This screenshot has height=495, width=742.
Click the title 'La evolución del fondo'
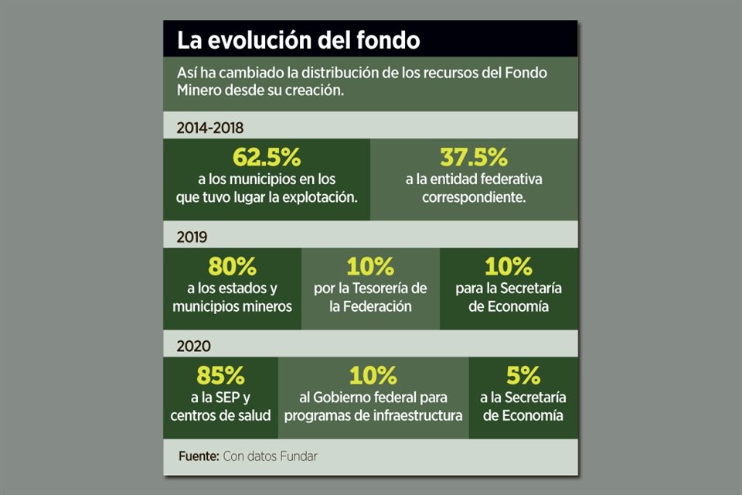[x=298, y=39]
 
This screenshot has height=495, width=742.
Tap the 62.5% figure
[x=266, y=158]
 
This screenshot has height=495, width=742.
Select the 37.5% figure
[x=474, y=158]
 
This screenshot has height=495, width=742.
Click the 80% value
[x=232, y=267]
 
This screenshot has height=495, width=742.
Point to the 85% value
[x=221, y=377]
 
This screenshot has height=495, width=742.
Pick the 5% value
[x=523, y=377]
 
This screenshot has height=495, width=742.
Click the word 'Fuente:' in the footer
[x=198, y=456]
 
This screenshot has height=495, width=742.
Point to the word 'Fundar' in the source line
[x=298, y=456]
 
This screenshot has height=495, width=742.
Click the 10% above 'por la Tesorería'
[x=370, y=267]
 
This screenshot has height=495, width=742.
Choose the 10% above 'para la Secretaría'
[x=509, y=267]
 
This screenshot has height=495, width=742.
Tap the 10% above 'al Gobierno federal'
[x=373, y=377]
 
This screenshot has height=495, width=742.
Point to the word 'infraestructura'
[x=418, y=416]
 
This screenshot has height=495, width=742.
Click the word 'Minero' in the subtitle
[x=200, y=90]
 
